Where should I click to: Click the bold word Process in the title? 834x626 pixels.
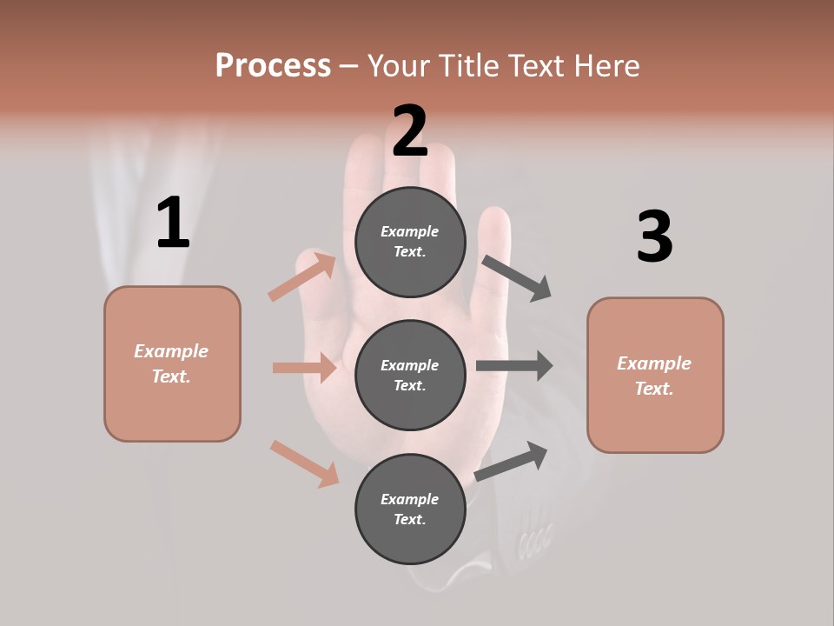click(273, 65)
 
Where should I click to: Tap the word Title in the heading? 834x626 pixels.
click(469, 65)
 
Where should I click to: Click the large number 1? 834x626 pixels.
click(173, 223)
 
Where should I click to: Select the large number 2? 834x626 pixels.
click(410, 131)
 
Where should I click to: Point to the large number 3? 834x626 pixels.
click(654, 236)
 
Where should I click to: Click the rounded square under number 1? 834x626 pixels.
click(172, 363)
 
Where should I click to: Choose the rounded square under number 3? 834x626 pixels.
click(655, 376)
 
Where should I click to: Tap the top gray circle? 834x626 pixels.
click(410, 242)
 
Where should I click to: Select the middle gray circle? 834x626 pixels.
click(410, 375)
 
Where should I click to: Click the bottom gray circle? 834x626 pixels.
click(410, 509)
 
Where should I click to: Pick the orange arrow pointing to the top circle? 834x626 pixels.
click(302, 276)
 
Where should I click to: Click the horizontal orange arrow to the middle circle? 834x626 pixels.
click(304, 368)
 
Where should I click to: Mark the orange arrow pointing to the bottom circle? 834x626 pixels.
click(304, 463)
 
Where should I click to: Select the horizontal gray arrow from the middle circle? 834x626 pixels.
click(514, 365)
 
